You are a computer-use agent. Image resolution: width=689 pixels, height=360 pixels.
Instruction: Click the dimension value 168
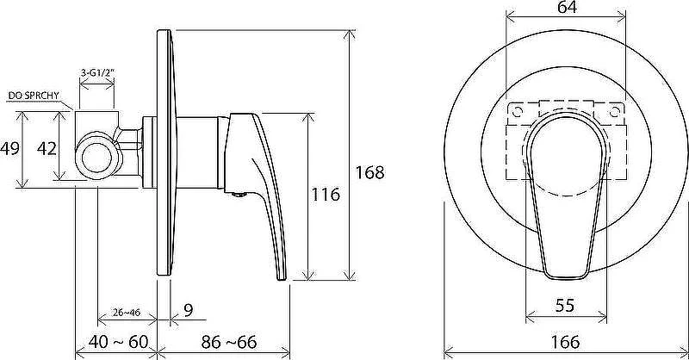(x=369, y=172)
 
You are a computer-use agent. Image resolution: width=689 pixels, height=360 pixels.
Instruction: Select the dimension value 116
(x=326, y=195)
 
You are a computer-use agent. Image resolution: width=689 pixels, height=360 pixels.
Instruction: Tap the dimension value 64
(x=567, y=8)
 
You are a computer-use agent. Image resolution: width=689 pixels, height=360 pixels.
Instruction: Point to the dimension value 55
(x=565, y=305)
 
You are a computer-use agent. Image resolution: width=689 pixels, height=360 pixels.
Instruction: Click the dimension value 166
(x=565, y=342)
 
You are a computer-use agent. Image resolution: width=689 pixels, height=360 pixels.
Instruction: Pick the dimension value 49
(x=9, y=149)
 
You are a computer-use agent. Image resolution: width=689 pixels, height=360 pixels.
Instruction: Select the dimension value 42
(x=47, y=149)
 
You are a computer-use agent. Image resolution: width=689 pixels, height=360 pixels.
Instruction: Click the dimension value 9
(x=189, y=311)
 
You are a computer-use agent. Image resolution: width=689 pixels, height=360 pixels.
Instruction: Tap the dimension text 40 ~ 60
(x=118, y=342)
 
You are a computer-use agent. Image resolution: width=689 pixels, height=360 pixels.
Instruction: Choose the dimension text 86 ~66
(x=229, y=342)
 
